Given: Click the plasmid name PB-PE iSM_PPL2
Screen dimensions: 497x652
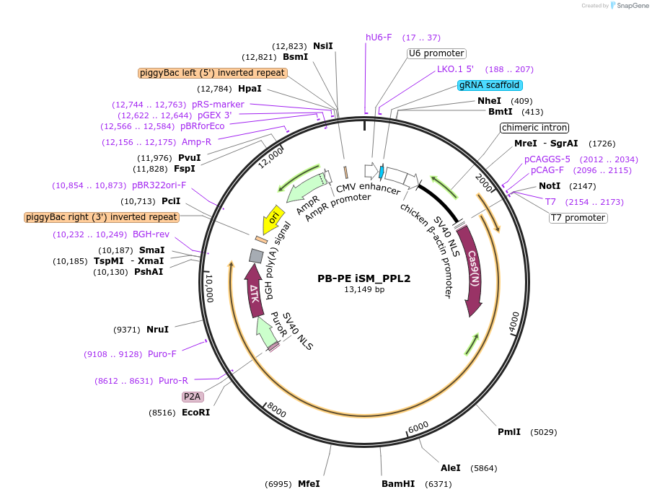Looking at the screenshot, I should pos(364,278).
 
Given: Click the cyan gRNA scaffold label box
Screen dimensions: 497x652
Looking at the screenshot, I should pos(490,85).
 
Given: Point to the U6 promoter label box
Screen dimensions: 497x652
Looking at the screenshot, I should pos(436,53).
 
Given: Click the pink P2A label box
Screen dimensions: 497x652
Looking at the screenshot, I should pos(193,397).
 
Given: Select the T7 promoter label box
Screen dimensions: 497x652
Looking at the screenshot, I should pos(578,218).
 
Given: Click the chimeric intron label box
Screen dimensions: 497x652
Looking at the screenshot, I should pos(534,128).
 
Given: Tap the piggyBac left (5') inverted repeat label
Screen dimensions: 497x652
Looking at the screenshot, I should pos(213,73).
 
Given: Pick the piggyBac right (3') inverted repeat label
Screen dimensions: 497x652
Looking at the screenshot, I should pos(102,217).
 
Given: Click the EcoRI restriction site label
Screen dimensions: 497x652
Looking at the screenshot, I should pos(195,413).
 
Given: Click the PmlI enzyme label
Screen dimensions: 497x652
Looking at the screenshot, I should pos(509,432).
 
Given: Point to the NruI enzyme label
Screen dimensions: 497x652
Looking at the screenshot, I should pos(157,330).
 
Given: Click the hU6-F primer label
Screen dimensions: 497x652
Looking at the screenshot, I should pos(379,38).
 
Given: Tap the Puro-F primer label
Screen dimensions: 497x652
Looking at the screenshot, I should pos(162,354).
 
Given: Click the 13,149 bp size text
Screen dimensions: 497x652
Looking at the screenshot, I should pos(364,290).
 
